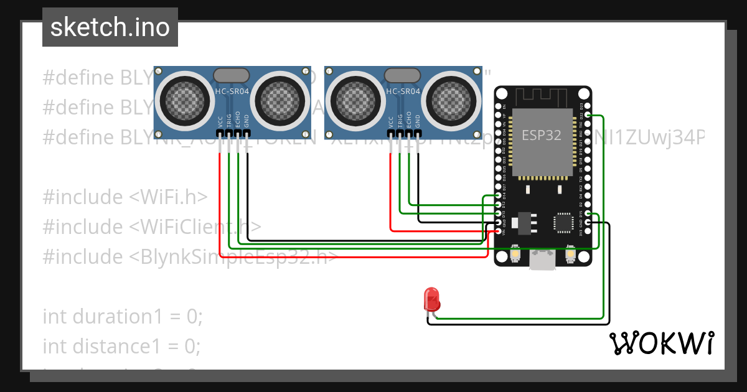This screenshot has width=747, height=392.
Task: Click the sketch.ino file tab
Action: (110, 27)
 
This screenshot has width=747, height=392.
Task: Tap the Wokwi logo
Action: (661, 343)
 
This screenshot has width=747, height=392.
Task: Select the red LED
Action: (431, 299)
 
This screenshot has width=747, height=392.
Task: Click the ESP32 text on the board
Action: (542, 136)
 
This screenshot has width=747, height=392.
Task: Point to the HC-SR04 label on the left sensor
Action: (232, 91)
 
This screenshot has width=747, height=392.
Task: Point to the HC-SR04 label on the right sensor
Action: (403, 91)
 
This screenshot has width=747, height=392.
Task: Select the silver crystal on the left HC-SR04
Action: (232, 75)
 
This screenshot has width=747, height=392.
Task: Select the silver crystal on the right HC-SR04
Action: (403, 75)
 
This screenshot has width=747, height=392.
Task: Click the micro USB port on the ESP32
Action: (542, 261)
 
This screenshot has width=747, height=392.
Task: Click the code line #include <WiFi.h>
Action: (125, 197)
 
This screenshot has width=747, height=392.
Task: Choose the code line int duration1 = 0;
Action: (123, 316)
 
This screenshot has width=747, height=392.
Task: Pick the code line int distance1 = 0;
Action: (121, 345)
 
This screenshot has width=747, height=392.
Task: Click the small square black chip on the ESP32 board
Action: (563, 222)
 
